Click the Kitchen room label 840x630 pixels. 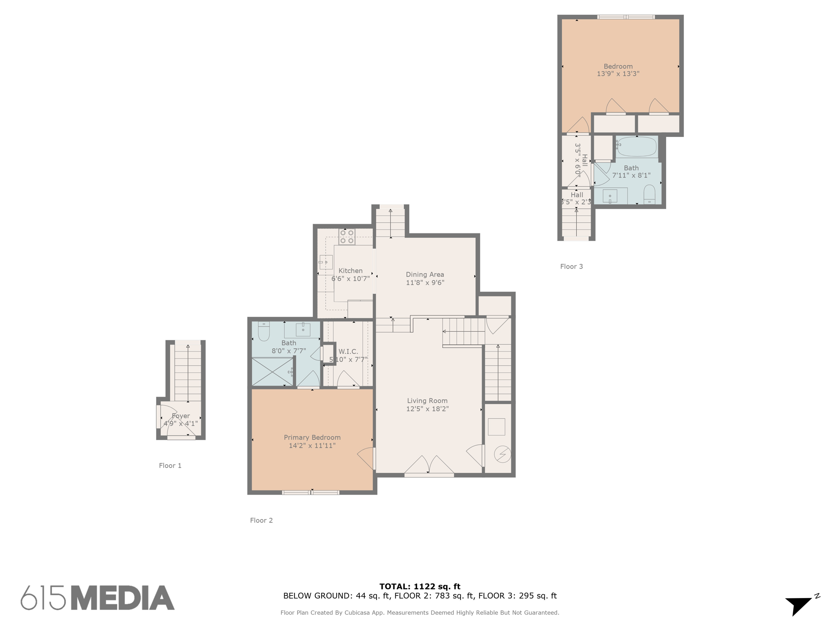350,271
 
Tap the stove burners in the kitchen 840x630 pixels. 347,237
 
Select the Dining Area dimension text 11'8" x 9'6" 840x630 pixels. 425,283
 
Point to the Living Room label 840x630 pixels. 427,401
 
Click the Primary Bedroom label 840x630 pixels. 312,437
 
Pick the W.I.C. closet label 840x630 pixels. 348,352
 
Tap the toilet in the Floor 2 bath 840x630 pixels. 264,331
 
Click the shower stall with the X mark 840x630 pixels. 272,372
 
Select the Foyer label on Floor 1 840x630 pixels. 180,416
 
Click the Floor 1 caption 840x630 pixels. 170,466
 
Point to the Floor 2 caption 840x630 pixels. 261,520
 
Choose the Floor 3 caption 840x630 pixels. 571,267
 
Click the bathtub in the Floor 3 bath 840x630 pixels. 637,146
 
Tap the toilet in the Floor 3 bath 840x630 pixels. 649,194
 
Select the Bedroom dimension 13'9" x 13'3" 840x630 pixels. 618,74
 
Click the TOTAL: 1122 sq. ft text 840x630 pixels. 420,587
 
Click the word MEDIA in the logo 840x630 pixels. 123,598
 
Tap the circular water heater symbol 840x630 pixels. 502,454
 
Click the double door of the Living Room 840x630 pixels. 429,466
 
